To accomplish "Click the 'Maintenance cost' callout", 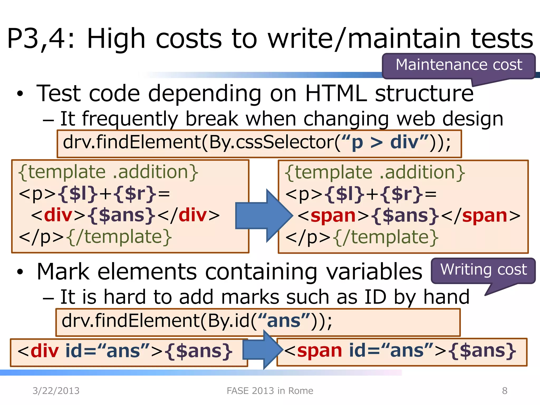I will click(x=459, y=65).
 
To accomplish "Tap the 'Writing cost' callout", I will click(x=483, y=270).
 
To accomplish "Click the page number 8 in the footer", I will click(x=504, y=390).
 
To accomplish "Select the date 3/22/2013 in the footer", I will click(x=56, y=390).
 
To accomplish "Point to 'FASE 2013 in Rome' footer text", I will click(x=270, y=390).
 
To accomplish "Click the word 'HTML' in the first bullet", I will click(x=336, y=93).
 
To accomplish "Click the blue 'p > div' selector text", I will click(x=385, y=142).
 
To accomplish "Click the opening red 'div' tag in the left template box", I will click(x=58, y=215).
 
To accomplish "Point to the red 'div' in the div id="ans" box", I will click(x=45, y=351).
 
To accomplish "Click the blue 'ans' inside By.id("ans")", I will click(x=284, y=321).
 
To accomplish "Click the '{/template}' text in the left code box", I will click(x=119, y=237).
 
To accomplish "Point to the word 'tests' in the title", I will click(x=502, y=39).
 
